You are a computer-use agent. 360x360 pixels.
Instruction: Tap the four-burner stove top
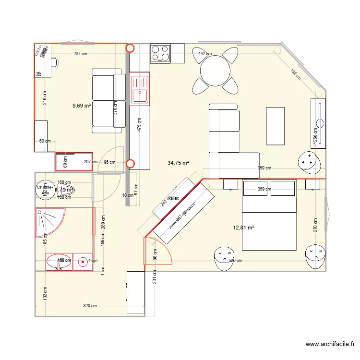[160, 53]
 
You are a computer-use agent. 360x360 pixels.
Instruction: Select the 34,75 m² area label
[178, 163]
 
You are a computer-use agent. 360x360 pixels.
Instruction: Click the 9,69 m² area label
[82, 106]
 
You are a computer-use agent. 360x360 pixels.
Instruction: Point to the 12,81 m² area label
[243, 228]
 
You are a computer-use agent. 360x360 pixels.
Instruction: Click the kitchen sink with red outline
[140, 90]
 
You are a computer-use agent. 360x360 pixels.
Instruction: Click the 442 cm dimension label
[205, 54]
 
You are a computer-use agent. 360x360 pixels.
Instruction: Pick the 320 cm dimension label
[90, 306]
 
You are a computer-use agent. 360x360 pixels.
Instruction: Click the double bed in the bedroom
[269, 215]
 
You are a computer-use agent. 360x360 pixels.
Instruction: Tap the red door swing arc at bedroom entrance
[158, 251]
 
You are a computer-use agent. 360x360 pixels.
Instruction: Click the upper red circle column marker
[130, 48]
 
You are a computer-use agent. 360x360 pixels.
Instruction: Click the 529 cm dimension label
[235, 261]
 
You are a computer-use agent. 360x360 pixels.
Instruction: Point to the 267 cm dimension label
[80, 54]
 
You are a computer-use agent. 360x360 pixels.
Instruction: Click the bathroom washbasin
[59, 262]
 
